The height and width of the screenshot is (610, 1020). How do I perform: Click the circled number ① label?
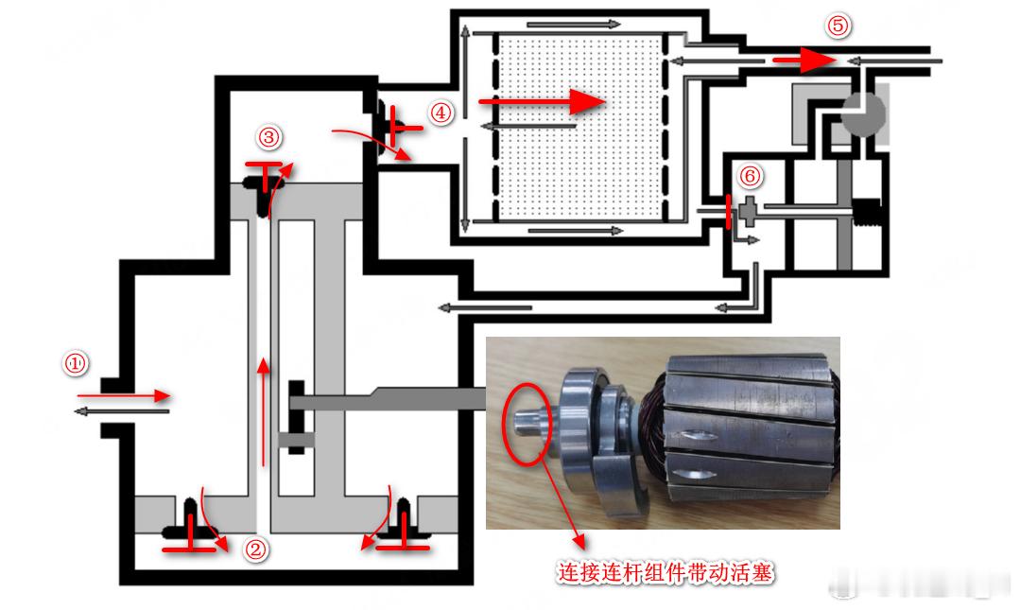click(75, 363)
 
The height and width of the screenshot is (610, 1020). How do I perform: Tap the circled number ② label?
click(256, 549)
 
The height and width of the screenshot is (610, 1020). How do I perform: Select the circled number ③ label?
click(268, 138)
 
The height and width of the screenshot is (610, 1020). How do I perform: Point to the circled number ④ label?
click(441, 113)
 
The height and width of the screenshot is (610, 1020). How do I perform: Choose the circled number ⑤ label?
click(838, 26)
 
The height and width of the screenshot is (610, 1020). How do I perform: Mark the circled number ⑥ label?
click(750, 177)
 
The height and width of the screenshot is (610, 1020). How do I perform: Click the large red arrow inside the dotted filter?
click(540, 101)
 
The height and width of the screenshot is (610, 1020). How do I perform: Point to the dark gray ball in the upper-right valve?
click(863, 113)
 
